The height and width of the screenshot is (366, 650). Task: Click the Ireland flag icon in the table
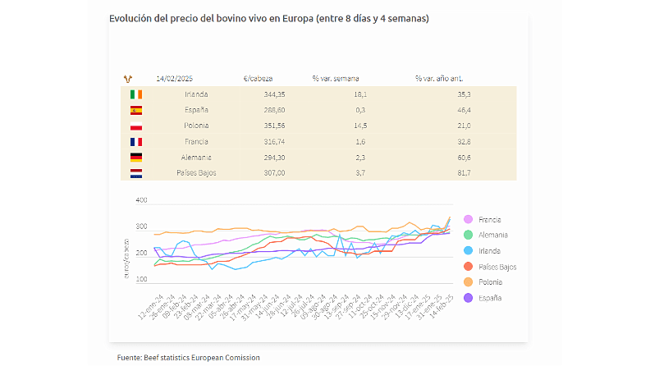point(136,94)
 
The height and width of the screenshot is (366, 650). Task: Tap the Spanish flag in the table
point(136,110)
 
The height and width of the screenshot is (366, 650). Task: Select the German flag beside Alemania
point(136,157)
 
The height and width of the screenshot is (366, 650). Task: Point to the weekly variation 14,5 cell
point(360,126)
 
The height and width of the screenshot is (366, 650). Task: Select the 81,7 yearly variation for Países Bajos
point(463,172)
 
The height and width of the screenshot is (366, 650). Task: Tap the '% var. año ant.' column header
point(438,79)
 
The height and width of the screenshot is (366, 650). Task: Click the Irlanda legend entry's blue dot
point(468,251)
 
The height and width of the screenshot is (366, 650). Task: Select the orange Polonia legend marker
point(468,282)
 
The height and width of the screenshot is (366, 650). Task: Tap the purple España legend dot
point(468,298)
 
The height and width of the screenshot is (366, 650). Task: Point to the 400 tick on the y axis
point(141,200)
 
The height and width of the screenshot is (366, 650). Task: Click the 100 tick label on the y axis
point(141,280)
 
